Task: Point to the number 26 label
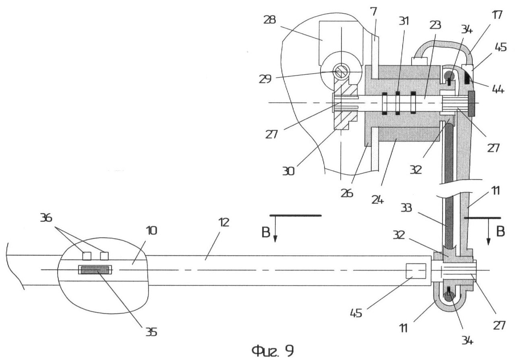pyautogui.click(x=347, y=192)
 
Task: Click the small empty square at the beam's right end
pyautogui.click(x=416, y=271)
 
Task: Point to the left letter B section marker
pyautogui.click(x=265, y=234)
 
